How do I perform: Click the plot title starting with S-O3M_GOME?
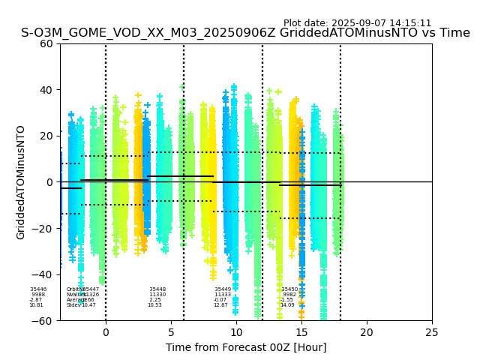tap(245, 33)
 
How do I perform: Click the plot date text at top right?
tap(357, 23)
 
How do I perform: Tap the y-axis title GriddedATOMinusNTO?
tap(21, 182)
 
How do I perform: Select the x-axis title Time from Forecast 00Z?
tap(246, 347)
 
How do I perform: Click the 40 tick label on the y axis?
tap(47, 90)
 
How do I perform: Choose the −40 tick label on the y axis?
tap(44, 274)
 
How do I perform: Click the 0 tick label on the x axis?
tap(106, 332)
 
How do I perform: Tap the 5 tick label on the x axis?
tap(171, 332)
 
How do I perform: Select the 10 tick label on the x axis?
tap(236, 332)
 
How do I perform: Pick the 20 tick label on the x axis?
tap(367, 332)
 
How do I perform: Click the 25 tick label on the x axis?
tap(432, 332)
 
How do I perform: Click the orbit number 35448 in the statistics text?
tap(157, 289)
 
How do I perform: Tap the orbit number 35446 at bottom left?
tap(38, 289)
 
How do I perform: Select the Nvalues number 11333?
tap(223, 295)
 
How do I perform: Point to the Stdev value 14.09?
tap(287, 305)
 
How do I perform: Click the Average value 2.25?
tap(155, 300)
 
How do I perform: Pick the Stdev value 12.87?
tap(220, 305)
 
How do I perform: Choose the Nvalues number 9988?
tap(38, 295)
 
